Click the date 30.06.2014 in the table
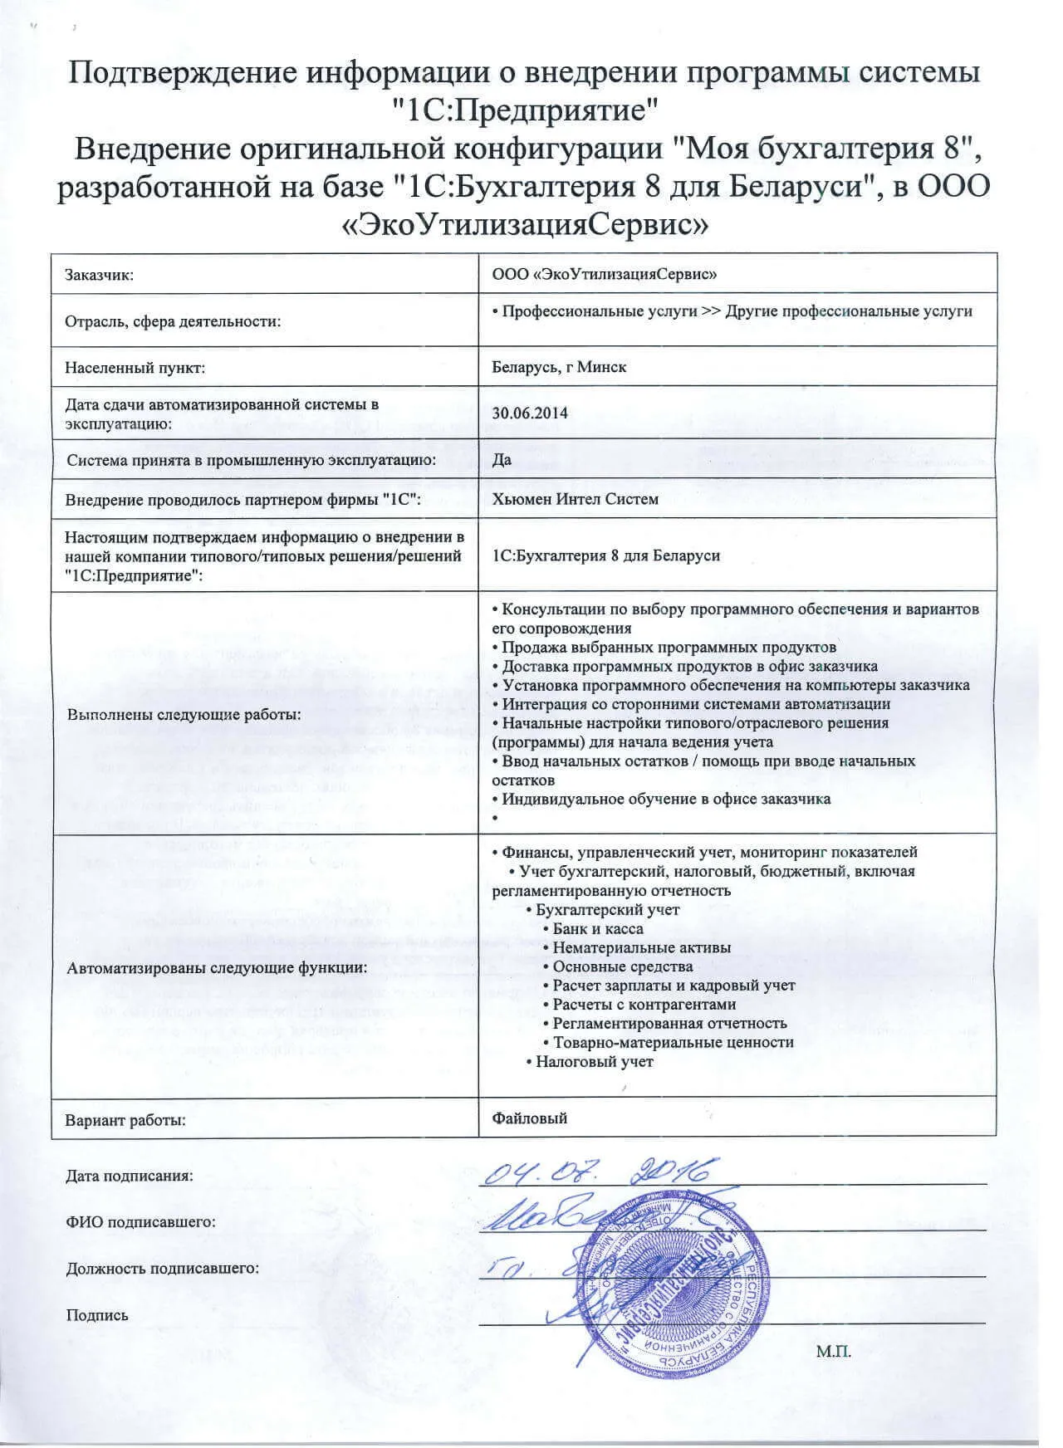[530, 413]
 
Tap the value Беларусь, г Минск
[559, 366]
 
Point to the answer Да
[502, 459]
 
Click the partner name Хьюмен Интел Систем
[575, 499]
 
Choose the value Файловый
[529, 1118]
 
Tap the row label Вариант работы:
[125, 1120]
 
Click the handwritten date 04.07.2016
[598, 1172]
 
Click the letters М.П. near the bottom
[834, 1351]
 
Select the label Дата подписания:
[129, 1176]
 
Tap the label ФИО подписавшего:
[140, 1222]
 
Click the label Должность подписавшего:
[162, 1268]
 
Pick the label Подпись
[97, 1314]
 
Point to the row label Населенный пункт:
[135, 366]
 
